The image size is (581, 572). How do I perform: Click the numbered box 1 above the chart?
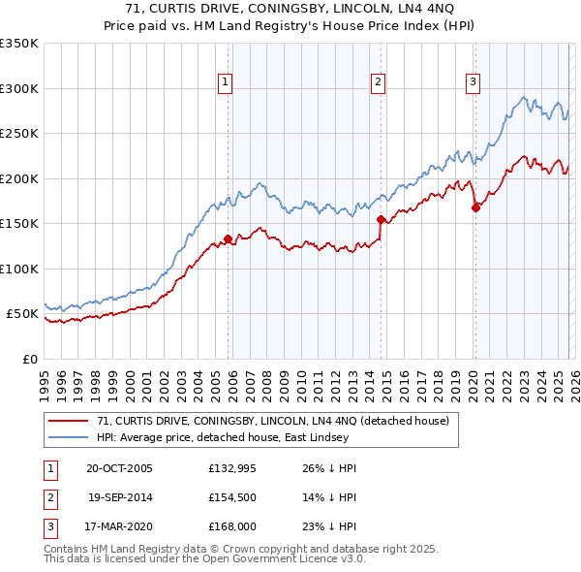pos(224,82)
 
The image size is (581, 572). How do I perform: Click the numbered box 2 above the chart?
pos(377,82)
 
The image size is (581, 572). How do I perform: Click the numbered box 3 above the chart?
pos(473,82)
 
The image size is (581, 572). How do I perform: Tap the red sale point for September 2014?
pos(381,219)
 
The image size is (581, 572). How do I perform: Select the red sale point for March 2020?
pos(475,207)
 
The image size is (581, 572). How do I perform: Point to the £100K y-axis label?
pos(19,269)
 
